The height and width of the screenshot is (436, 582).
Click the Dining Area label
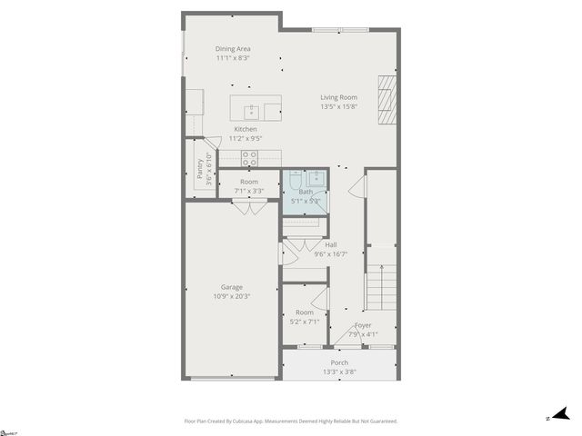tap(233, 49)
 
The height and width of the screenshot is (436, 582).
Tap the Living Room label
tap(338, 97)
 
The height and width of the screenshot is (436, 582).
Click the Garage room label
tap(231, 287)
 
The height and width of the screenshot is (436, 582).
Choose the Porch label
tap(339, 362)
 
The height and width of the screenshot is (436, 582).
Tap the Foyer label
tap(363, 325)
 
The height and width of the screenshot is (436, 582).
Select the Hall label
tap(331, 245)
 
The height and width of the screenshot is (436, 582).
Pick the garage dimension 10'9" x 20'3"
tap(231, 296)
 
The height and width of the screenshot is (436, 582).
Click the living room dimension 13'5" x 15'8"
tap(338, 106)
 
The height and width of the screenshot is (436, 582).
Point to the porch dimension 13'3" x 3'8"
tap(339, 372)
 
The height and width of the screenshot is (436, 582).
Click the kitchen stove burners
tap(249, 158)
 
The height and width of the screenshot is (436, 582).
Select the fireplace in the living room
tap(387, 99)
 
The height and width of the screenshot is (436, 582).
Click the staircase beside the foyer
tap(382, 286)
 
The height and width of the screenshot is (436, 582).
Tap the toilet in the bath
tap(296, 182)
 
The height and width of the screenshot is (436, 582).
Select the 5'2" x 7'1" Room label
tap(304, 316)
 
